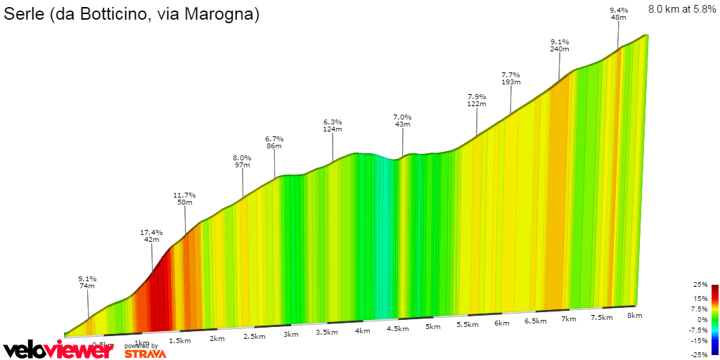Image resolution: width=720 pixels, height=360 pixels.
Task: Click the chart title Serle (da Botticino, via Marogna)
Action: click(132, 14)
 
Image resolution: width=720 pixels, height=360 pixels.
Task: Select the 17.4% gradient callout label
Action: click(151, 232)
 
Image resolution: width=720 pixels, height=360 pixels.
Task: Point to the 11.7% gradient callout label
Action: click(184, 195)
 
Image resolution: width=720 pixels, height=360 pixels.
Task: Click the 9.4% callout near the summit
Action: click(619, 10)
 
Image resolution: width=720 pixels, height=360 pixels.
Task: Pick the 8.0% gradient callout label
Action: click(242, 157)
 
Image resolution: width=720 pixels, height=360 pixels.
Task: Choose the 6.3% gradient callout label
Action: click(333, 122)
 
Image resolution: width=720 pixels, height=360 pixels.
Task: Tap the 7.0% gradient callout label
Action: click(402, 117)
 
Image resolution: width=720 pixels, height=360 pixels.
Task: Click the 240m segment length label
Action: click(559, 49)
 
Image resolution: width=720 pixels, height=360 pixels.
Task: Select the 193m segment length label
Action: click(510, 82)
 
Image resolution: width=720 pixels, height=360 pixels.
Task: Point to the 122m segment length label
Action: click(477, 104)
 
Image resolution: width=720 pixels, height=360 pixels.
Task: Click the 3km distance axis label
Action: click(290, 335)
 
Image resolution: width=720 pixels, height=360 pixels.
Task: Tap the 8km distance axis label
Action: click(634, 316)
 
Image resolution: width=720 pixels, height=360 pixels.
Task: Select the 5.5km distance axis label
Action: click(467, 325)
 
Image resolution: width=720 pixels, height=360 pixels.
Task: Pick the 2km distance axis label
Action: click(217, 339)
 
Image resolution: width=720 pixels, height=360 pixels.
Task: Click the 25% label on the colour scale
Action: click(700, 285)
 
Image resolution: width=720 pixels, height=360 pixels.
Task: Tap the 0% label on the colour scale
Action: click(702, 319)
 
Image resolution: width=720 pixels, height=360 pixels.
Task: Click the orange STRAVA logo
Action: click(145, 354)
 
